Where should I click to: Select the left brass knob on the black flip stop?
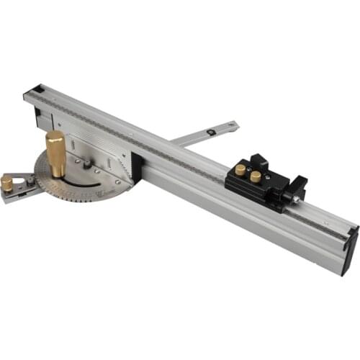(240, 170)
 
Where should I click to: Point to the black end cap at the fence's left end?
(32, 91)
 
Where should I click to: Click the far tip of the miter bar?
(234, 125)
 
